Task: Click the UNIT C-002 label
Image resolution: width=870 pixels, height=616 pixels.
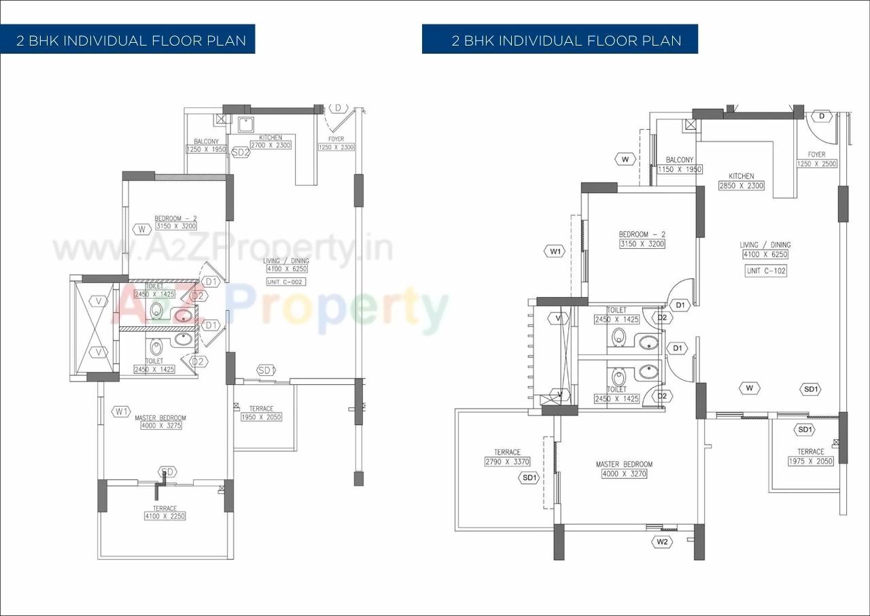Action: click(x=286, y=281)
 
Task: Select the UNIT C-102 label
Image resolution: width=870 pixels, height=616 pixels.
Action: click(x=765, y=270)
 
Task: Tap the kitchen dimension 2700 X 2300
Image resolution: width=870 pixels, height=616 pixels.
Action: click(x=271, y=145)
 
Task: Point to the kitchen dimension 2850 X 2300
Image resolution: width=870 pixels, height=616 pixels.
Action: click(x=741, y=186)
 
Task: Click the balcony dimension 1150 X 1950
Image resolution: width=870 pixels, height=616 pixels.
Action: click(x=680, y=169)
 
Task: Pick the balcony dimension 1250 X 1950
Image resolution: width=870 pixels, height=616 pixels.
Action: click(x=206, y=149)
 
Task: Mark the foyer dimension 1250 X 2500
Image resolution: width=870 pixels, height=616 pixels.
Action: click(x=816, y=164)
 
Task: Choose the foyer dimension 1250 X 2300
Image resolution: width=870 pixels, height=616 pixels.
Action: click(x=336, y=147)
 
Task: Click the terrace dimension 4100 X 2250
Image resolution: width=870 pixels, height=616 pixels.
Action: click(x=164, y=516)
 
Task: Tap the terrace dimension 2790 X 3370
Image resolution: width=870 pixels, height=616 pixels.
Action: click(x=507, y=462)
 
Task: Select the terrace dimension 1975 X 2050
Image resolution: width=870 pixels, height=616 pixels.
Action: click(x=810, y=461)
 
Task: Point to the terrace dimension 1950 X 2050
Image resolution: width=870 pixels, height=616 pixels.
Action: click(x=261, y=417)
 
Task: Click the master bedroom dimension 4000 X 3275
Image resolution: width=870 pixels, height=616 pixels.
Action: click(x=161, y=426)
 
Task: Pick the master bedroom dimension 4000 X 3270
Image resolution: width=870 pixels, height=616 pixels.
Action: click(x=624, y=473)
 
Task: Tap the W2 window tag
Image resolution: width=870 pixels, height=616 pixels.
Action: click(x=662, y=542)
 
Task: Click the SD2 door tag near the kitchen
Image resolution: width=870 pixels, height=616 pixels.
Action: click(x=241, y=152)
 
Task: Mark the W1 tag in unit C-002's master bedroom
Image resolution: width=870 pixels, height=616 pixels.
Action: click(x=122, y=411)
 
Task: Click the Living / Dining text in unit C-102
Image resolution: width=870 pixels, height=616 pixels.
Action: click(x=765, y=245)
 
